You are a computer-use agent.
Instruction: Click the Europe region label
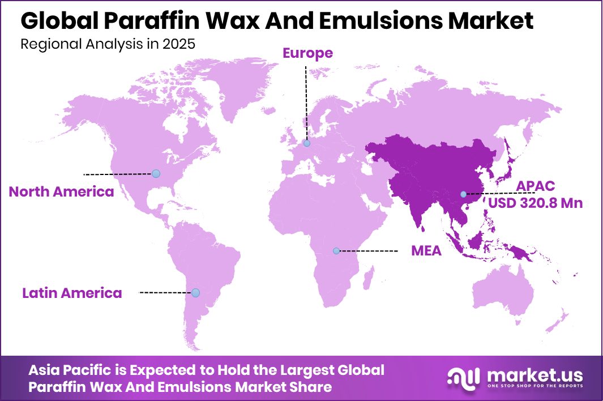coord(307,53)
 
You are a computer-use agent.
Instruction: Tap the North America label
coord(61,192)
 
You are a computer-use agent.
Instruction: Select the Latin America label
coord(72,293)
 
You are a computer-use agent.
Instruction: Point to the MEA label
coord(426,250)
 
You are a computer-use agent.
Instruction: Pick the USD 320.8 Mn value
coord(535,203)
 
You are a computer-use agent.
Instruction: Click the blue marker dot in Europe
coord(307,144)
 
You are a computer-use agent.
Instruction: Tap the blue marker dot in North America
coord(156,173)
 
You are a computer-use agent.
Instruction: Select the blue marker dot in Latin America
coord(195,293)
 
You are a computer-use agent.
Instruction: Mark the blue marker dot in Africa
coord(336,250)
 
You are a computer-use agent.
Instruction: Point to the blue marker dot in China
coord(463,194)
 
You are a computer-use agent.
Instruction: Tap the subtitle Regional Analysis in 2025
coord(108,45)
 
